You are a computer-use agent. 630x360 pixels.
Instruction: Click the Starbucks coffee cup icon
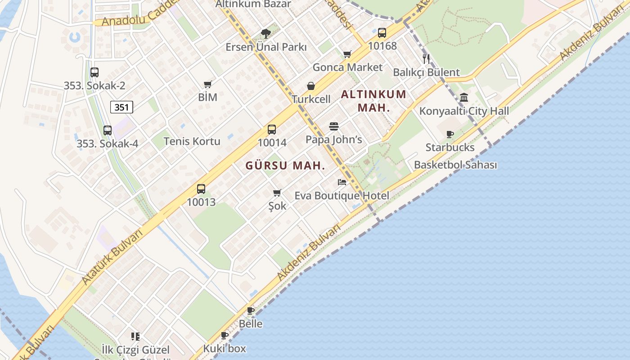(450, 134)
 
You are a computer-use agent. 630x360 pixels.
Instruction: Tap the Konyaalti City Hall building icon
(464, 97)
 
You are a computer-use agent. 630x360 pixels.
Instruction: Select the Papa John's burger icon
(333, 126)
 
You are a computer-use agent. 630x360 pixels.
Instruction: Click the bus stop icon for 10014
(272, 130)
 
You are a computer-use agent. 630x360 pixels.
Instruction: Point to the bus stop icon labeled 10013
(201, 189)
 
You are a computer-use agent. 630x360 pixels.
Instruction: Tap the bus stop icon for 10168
(382, 33)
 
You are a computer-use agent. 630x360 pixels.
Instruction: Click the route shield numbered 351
(121, 107)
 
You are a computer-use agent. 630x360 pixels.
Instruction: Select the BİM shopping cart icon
(207, 84)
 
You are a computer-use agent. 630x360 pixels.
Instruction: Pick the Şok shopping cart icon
(277, 193)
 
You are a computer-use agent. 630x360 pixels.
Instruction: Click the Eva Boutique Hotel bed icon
(342, 182)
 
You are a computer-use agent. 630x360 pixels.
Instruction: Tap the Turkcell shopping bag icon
(310, 86)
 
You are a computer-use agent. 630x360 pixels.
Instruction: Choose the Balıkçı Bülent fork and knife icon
(426, 58)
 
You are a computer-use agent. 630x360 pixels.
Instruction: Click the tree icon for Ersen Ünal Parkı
(266, 33)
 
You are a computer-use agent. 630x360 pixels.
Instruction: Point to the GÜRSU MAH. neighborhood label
(285, 166)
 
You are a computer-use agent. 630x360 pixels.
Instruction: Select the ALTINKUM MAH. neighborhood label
(373, 101)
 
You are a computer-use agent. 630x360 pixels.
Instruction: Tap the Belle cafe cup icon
(251, 310)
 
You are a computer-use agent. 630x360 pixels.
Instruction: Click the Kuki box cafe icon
(225, 335)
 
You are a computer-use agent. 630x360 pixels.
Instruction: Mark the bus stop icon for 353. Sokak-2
(94, 72)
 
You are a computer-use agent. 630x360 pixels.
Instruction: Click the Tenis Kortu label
(192, 141)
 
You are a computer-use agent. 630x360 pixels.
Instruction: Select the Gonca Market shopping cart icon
(347, 54)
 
